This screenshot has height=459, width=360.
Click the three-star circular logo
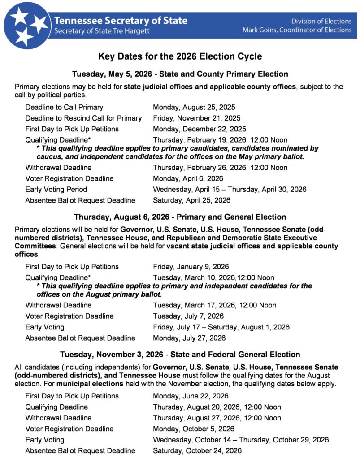pyautogui.click(x=27, y=25)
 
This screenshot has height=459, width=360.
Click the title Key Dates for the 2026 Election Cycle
pyautogui.click(x=180, y=56)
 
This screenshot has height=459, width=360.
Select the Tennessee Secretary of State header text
pyautogui.click(x=121, y=21)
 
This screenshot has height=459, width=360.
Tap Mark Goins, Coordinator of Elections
pyautogui.click(x=297, y=30)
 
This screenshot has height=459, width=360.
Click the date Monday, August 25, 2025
pyautogui.click(x=194, y=108)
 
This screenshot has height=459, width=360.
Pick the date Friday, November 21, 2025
pyautogui.click(x=196, y=118)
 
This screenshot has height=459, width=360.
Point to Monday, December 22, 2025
pyautogui.click(x=198, y=129)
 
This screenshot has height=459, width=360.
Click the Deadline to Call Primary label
pyautogui.click(x=64, y=108)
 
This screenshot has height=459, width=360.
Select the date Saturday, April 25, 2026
pyautogui.click(x=191, y=200)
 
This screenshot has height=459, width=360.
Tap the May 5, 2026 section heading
pyautogui.click(x=180, y=74)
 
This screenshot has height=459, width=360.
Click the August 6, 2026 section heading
pyautogui.click(x=180, y=217)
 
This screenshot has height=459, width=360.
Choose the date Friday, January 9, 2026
pyautogui.click(x=191, y=267)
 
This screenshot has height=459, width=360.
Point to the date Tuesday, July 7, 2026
pyautogui.click(x=188, y=316)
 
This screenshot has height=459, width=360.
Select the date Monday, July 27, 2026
pyautogui.click(x=189, y=338)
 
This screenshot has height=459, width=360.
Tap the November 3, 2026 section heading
pyautogui.click(x=180, y=355)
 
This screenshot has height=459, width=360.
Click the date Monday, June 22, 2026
pyautogui.click(x=191, y=396)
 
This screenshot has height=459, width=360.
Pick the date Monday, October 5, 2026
pyautogui.click(x=194, y=429)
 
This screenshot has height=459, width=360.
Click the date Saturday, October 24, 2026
pyautogui.click(x=197, y=450)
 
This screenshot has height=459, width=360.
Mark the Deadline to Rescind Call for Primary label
pyautogui.click(x=83, y=118)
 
